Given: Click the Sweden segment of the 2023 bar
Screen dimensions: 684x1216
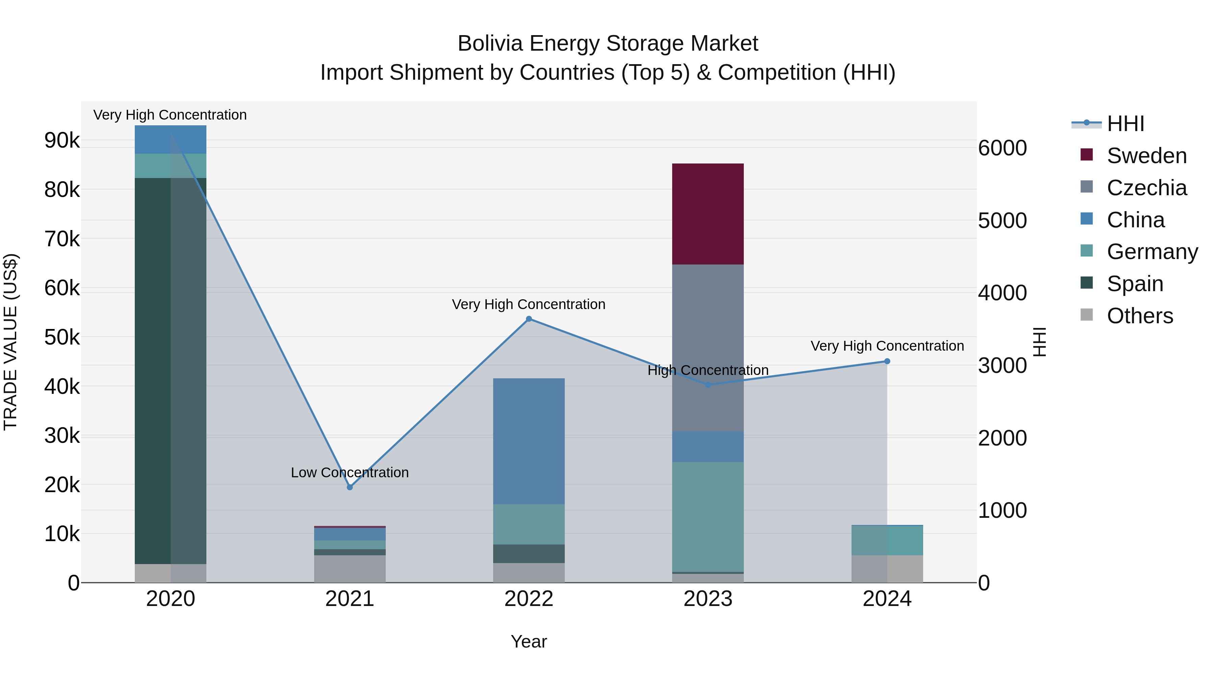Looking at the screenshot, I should tap(708, 213).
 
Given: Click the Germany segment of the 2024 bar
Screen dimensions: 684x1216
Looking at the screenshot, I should tap(887, 540).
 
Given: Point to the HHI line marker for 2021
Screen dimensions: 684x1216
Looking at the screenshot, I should tap(350, 487).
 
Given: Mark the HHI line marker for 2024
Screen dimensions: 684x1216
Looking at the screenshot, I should tap(887, 361).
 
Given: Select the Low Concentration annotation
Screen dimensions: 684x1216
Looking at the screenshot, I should tap(350, 473).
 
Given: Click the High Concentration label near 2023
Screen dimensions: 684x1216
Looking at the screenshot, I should tap(708, 370).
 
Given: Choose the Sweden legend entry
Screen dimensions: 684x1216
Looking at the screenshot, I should tap(1146, 156).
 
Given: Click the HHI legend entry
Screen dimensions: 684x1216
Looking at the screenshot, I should tap(1125, 124).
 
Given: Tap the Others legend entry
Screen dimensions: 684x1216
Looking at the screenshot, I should tap(1140, 316).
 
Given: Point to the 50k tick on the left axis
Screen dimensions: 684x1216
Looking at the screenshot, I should tap(62, 337).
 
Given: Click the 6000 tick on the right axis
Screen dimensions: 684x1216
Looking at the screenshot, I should tap(1002, 148).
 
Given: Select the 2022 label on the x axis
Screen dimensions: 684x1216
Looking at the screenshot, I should tap(529, 599).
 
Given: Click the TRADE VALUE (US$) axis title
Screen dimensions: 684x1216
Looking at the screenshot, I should tap(10, 342).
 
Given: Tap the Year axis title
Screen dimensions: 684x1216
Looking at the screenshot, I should tap(529, 641).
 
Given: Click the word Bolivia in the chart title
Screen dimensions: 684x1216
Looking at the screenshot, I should tap(490, 44).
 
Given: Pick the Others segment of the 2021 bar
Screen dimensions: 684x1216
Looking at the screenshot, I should tap(350, 568).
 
